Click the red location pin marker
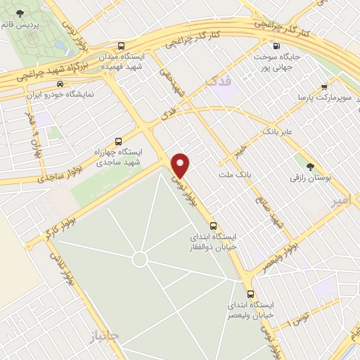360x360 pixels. point(181,165)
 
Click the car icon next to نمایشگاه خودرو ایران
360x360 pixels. point(58,83)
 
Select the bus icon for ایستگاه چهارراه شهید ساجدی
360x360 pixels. point(117,140)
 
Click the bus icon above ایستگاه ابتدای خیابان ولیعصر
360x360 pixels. point(250,294)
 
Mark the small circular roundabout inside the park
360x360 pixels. point(139,259)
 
